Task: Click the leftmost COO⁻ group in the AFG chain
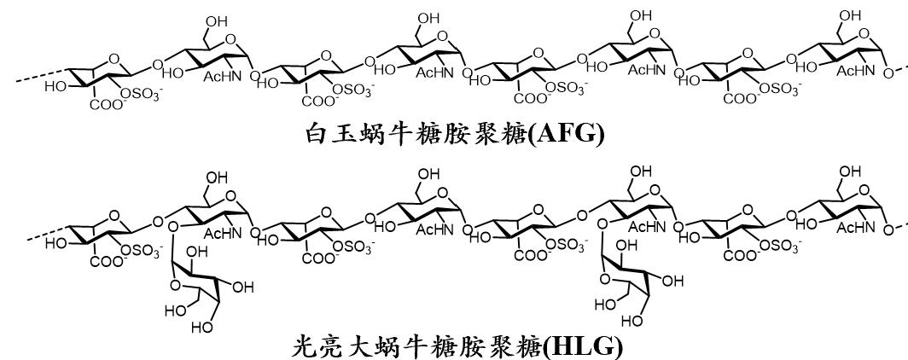(106, 105)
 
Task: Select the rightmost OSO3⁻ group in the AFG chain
(780, 89)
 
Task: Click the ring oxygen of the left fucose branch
(173, 284)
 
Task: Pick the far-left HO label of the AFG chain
(55, 87)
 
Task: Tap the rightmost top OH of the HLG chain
(849, 171)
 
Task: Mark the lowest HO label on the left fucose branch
(203, 328)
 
